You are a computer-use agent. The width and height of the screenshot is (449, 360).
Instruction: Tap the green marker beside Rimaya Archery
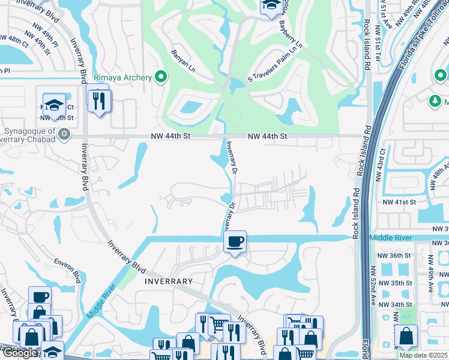tap(160, 76)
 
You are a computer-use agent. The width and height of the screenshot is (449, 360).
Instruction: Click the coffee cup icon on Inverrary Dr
tap(234, 242)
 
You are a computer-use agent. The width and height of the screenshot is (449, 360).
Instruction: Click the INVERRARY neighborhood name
tap(168, 281)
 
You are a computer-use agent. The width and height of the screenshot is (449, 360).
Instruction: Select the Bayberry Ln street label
tap(291, 35)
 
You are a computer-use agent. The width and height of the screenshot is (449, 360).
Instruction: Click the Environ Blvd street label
tap(67, 271)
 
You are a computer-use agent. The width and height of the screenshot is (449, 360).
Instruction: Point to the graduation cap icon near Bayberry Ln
tap(270, 5)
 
